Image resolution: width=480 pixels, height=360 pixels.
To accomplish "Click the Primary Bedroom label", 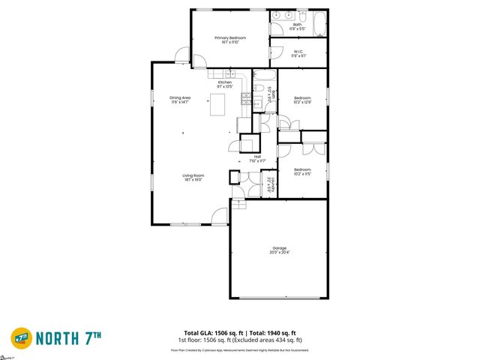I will (x=230, y=37).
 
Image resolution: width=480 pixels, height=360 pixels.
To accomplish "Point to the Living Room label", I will (x=193, y=175).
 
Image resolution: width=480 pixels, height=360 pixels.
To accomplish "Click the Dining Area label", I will (x=181, y=97).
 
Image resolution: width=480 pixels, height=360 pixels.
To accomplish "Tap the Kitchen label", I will (x=225, y=82).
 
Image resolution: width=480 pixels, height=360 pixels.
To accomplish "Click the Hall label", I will (x=257, y=156).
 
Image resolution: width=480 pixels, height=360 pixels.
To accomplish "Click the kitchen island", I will (x=218, y=107).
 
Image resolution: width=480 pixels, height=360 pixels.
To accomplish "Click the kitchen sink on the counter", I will (x=228, y=73).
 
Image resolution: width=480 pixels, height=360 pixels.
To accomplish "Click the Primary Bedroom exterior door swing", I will (x=181, y=55).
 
